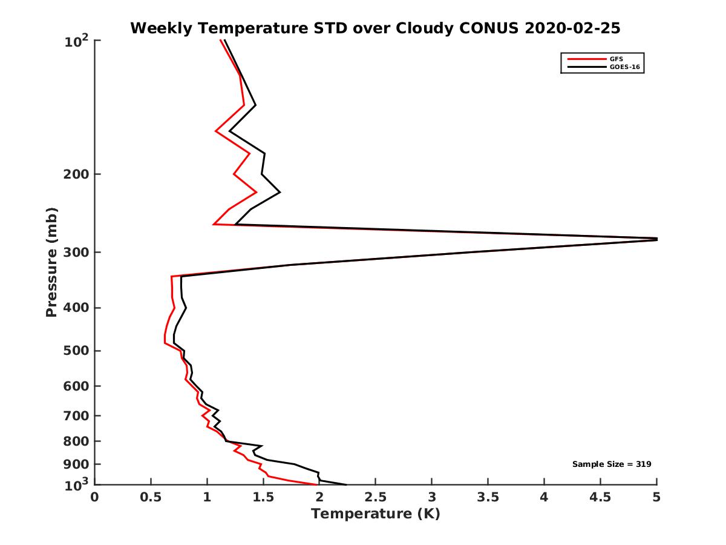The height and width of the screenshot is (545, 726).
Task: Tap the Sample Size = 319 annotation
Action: [612, 464]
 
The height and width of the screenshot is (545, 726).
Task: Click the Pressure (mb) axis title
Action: [51, 262]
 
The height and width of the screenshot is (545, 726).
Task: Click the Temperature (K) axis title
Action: [375, 514]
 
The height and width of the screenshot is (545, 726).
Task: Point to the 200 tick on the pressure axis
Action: [76, 174]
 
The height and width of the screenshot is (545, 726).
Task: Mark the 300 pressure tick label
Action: [76, 252]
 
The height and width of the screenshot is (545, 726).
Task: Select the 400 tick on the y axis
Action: [76, 308]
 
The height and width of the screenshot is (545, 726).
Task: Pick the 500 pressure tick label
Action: [76, 351]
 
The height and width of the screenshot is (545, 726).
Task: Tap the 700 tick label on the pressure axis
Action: [76, 415]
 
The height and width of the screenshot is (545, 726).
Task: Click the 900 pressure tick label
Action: [76, 464]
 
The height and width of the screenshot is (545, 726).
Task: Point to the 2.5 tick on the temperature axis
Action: [376, 498]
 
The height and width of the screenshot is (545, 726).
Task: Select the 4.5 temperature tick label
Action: [600, 498]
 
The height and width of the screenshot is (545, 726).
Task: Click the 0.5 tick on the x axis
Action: [151, 498]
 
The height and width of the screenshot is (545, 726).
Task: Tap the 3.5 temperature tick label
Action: [488, 498]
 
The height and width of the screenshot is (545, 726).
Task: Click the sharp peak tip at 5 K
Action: [656, 239]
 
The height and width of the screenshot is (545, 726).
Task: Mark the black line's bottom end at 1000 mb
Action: [346, 484]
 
